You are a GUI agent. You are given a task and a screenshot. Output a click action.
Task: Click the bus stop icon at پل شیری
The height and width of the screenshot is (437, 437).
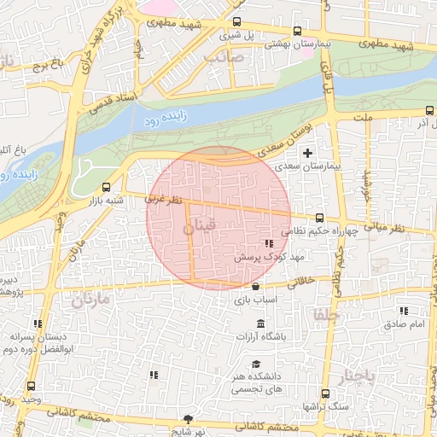click(x=236, y=22)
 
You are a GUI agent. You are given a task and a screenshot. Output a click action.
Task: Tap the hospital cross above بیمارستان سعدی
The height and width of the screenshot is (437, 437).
click(x=308, y=153)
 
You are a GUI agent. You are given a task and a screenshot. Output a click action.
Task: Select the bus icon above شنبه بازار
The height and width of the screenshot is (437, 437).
click(x=106, y=187)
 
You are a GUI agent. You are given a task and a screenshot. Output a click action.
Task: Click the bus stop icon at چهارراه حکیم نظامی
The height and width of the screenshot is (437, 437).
click(x=319, y=218)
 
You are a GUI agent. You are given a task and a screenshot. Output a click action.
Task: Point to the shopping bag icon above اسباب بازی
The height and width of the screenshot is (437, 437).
click(x=256, y=285)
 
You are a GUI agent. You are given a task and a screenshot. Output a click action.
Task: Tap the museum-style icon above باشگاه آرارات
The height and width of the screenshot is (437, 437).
click(x=259, y=323)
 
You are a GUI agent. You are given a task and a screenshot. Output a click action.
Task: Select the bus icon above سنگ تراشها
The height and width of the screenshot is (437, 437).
click(x=323, y=393)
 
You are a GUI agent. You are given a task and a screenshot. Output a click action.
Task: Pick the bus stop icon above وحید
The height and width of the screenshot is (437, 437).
click(x=32, y=385)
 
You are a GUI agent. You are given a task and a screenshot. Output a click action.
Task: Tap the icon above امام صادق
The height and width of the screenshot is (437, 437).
click(x=403, y=312)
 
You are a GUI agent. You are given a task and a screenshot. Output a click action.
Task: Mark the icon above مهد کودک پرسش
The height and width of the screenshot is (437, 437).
click(x=269, y=243)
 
